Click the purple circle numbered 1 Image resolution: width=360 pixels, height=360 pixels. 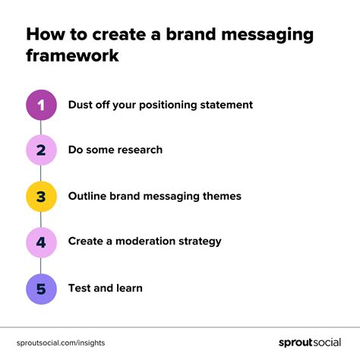pyautogui.click(x=42, y=105)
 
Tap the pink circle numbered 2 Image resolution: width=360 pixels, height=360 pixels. pyautogui.click(x=42, y=150)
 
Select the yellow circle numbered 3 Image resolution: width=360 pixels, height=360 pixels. pyautogui.click(x=42, y=197)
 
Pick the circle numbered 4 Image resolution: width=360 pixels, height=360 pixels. pyautogui.click(x=42, y=242)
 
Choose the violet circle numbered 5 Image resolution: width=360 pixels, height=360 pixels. pyautogui.click(x=42, y=289)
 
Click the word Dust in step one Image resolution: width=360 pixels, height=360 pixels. pyautogui.click(x=81, y=105)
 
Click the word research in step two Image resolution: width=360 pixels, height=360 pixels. pyautogui.click(x=136, y=150)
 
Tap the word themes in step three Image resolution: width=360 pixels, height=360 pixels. pyautogui.click(x=221, y=197)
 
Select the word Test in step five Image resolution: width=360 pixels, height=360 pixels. pyautogui.click(x=80, y=289)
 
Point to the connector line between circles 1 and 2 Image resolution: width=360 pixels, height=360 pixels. pyautogui.click(x=42, y=128)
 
